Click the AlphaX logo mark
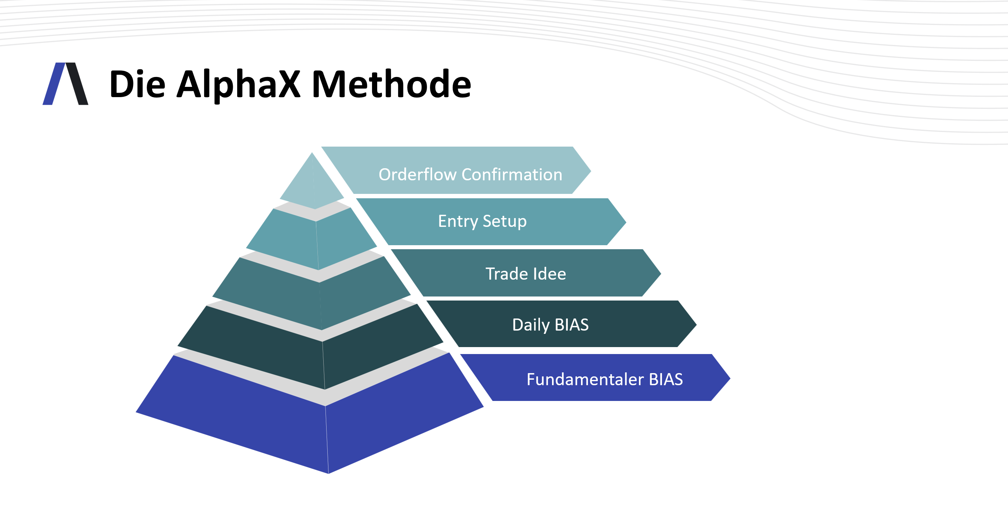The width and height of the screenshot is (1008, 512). pos(65,84)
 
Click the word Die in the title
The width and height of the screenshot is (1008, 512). pos(137,84)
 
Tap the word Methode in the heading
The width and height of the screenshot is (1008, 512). pos(392,83)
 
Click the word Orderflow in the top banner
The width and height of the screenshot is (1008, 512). pos(417,174)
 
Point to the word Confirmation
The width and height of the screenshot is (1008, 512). pos(512,174)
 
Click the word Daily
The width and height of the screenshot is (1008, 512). pos(531,325)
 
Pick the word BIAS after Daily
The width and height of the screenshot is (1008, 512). pos(572,325)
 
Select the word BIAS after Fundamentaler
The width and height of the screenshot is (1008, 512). pos(666,379)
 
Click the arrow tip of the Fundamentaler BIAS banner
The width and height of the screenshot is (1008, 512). pos(730,378)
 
